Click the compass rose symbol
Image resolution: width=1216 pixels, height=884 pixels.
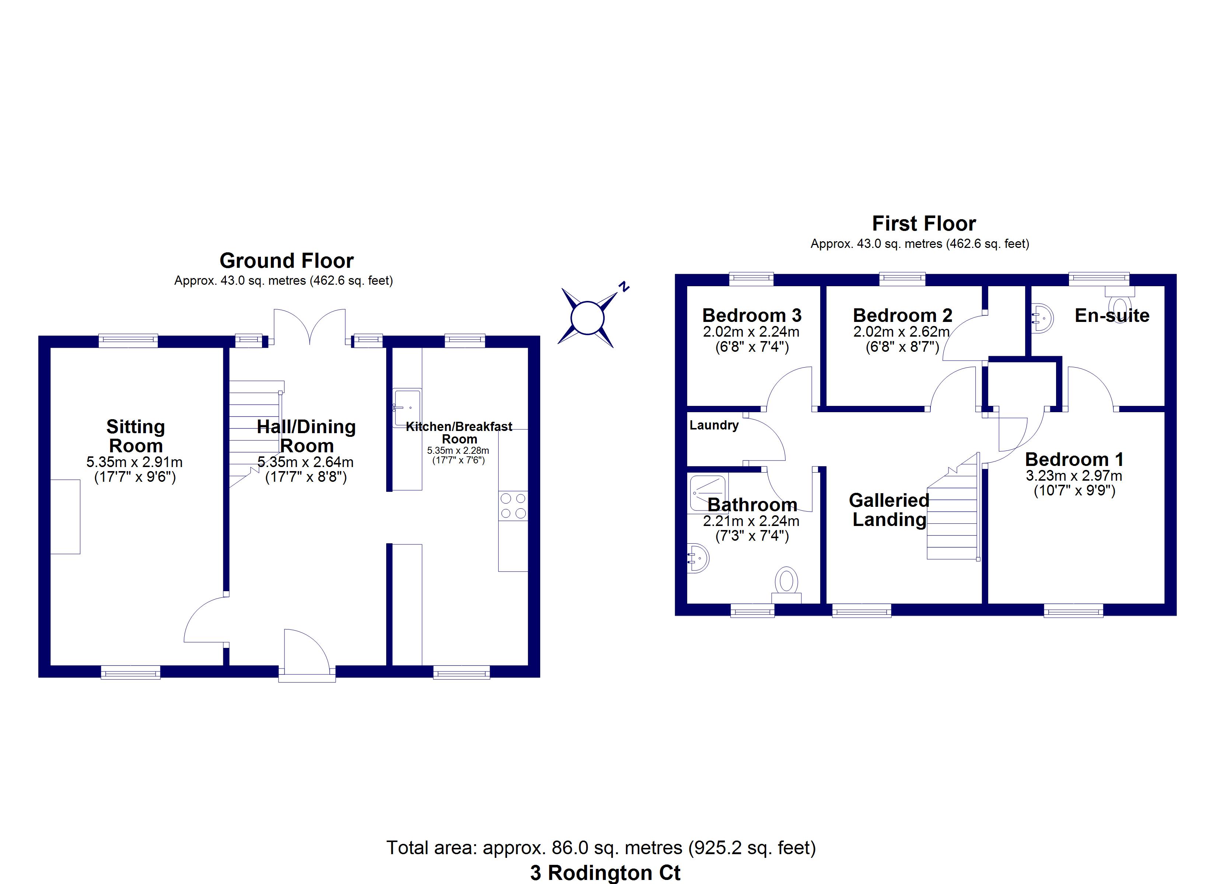tap(588, 318)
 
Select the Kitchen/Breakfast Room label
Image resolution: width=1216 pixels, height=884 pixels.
tap(459, 433)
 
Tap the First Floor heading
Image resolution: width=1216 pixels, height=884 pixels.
tap(924, 223)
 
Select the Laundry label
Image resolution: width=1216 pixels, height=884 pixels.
tap(714, 425)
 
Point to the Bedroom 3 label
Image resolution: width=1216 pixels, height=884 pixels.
tap(752, 315)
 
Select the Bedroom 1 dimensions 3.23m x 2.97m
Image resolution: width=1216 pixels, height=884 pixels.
tap(1074, 476)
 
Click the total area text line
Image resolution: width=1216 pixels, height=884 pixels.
tap(601, 848)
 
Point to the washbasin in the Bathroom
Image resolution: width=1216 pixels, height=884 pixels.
tap(698, 558)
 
